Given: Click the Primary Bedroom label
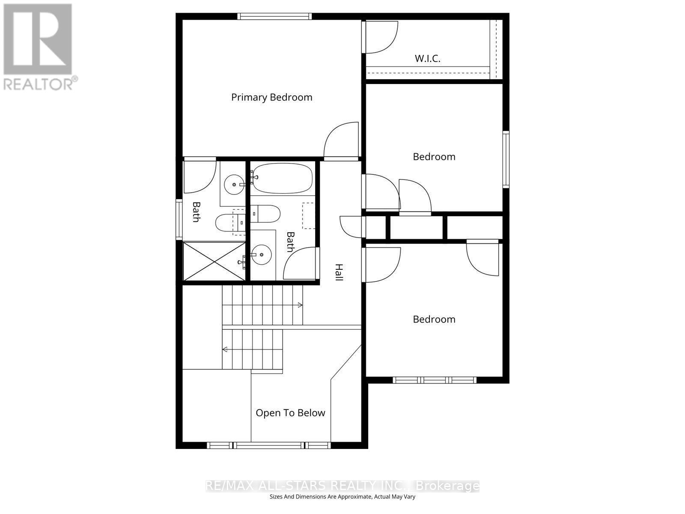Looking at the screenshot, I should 271,97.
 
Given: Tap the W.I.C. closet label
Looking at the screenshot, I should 427,58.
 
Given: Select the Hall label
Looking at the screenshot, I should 339,272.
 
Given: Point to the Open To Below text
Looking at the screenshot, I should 290,413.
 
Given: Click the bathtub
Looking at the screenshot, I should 282,178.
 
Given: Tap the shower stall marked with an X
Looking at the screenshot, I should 214,261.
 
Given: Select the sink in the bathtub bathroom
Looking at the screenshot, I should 261,255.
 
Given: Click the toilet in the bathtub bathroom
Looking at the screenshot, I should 266,212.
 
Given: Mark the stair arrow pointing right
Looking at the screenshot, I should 300,305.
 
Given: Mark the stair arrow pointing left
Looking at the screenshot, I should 225,350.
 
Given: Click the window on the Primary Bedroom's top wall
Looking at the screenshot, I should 274,16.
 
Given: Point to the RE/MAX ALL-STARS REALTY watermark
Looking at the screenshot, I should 342,486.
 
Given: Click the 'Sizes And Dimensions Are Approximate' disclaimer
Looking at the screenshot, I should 342,497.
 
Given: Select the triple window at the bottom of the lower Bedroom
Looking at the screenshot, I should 435,380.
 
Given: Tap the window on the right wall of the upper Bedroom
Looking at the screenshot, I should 506,159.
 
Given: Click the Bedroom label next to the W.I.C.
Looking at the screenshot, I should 434,157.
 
